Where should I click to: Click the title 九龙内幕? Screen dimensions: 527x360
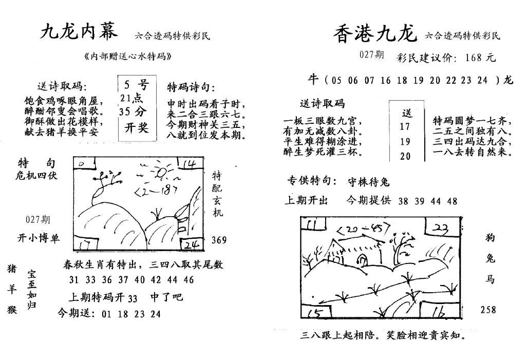(x=79, y=32)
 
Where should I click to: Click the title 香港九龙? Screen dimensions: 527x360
(x=375, y=33)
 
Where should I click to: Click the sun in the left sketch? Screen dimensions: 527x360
(x=161, y=172)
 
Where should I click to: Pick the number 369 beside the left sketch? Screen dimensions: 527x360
(x=219, y=240)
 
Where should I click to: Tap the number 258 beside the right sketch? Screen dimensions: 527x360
(x=488, y=309)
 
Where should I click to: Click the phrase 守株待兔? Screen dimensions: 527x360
(x=369, y=182)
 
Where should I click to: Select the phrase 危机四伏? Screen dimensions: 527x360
(x=36, y=175)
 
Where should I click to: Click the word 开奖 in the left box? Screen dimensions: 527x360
(x=137, y=127)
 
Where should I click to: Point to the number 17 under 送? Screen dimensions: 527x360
(x=405, y=127)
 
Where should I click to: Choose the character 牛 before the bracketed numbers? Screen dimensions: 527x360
(x=313, y=79)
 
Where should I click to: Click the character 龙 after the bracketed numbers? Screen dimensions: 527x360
(x=509, y=80)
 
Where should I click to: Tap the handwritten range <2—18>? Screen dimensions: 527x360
(x=156, y=191)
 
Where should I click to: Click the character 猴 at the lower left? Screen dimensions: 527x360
(x=12, y=309)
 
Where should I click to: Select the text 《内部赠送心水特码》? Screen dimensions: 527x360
(x=128, y=56)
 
